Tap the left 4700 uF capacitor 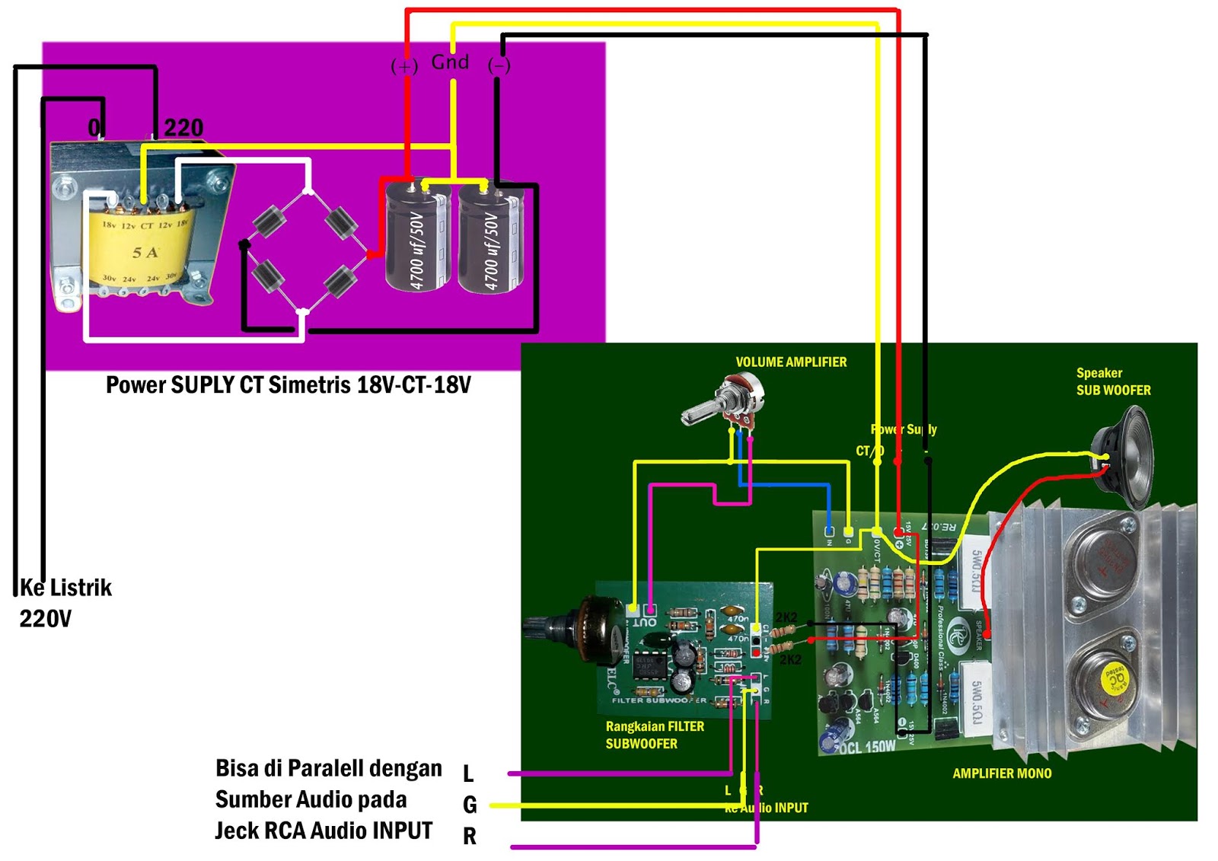pos(416,238)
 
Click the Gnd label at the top pos(450,62)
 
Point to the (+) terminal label pos(404,66)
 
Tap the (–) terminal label pos(499,65)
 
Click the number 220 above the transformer pos(183,127)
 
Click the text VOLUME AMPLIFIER pos(791,362)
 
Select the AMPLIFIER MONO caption pos(1002,773)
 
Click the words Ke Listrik pos(66,588)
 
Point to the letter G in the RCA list pos(470,805)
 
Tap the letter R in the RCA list pos(470,836)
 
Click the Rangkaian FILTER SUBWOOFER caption pos(655,735)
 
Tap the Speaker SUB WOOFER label pos(1112,381)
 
